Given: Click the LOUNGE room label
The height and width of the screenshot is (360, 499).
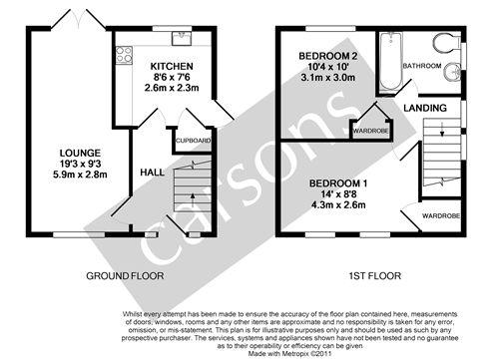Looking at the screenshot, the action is tap(80, 153).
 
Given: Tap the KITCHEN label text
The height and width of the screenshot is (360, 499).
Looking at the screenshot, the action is tap(172, 66).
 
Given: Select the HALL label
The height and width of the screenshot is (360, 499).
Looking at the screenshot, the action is tap(152, 173).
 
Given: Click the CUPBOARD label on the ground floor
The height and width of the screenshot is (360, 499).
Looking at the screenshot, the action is tap(193, 141).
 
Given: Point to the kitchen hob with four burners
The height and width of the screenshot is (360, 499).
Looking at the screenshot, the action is tap(124, 55).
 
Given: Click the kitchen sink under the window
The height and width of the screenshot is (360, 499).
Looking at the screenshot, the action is tap(182, 38).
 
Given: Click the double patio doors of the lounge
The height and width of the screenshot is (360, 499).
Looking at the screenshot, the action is tap(79, 20).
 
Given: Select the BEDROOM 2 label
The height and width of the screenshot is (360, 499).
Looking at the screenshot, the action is tap(328, 56).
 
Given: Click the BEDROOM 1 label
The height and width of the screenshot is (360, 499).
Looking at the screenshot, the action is tap(338, 183).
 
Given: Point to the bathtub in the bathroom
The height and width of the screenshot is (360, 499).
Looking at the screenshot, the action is tap(391, 62).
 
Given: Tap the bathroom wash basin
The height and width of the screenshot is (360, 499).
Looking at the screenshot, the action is tap(452, 71).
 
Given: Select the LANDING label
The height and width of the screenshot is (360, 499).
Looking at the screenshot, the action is tap(425, 108).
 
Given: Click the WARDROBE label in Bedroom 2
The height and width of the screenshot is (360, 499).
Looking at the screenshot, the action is tap(370, 131).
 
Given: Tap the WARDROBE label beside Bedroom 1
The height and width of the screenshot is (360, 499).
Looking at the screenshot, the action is tap(441, 216).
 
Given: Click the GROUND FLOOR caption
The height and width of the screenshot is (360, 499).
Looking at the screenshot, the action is tap(125, 276).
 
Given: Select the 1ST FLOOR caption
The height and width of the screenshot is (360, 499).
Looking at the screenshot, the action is tap(375, 276).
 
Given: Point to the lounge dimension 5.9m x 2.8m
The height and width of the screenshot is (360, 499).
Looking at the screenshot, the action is tap(80, 175).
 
